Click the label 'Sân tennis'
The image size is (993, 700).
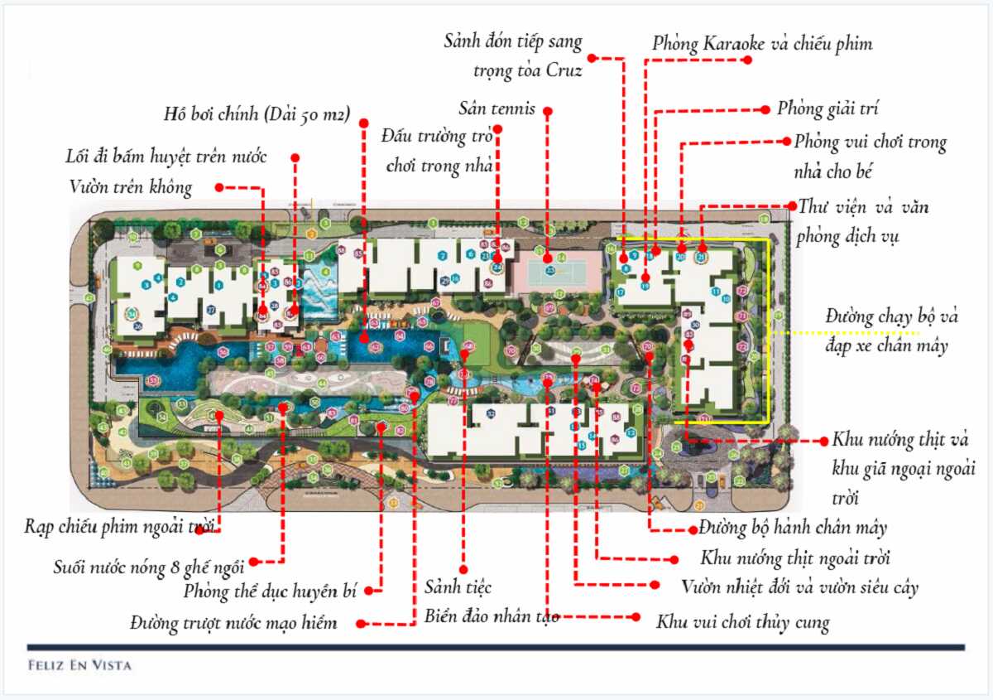pos(497,109)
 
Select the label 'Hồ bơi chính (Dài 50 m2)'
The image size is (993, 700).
pos(257,113)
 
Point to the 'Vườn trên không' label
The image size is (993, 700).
pos(131,188)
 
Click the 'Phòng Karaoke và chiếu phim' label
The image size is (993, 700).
pos(761,43)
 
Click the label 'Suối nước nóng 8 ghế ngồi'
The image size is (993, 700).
pos(149,567)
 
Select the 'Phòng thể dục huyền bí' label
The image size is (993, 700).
pos(274,591)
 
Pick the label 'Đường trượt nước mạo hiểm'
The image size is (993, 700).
pos(233,623)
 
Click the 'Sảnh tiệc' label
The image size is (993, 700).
pos(458,587)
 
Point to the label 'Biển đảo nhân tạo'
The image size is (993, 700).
pos(492,616)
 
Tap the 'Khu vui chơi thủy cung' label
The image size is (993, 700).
pos(742,622)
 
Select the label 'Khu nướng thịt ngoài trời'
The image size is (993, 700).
pos(795,558)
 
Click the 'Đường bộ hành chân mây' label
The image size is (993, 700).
pos(793,527)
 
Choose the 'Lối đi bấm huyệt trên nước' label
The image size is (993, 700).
pos(166,157)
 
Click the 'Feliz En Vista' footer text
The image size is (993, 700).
pos(79,664)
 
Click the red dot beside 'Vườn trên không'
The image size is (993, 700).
pos(219,188)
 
